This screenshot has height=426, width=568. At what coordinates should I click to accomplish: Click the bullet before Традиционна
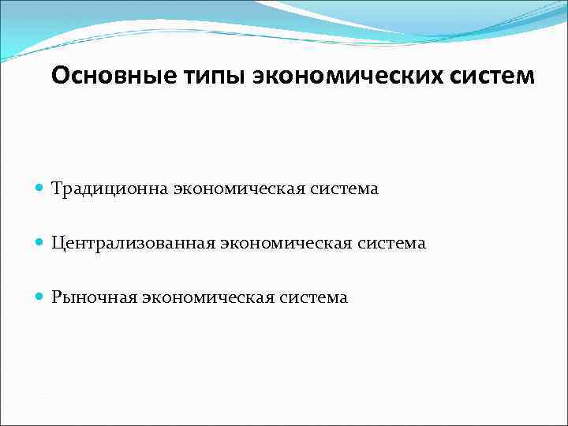[x=40, y=189]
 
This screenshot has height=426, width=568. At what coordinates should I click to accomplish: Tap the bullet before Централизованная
[x=40, y=243]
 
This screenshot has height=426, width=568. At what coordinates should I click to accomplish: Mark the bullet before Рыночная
[x=40, y=297]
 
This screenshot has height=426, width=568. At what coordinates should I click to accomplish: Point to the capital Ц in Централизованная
[x=57, y=243]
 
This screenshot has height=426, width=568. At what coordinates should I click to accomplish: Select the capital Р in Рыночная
[x=56, y=297]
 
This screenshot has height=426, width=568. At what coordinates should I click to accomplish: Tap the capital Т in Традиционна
[x=57, y=189]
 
